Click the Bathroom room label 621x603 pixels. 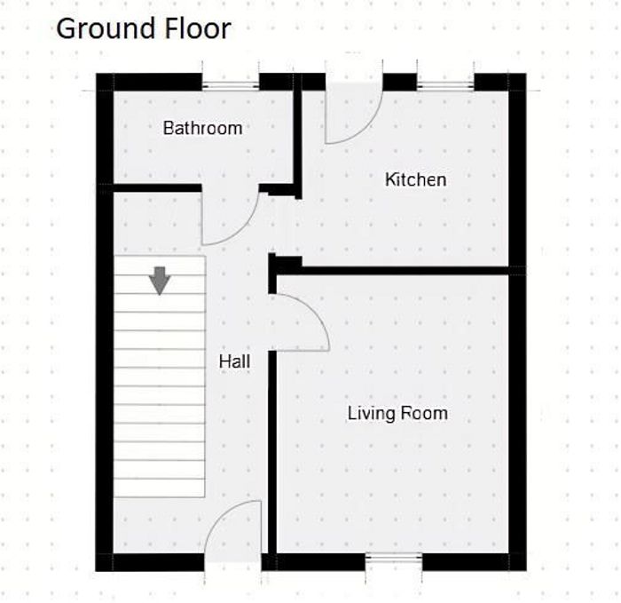pos(203,128)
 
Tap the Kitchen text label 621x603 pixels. pos(416,179)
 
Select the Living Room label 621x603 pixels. pos(397,413)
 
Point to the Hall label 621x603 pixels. pos(234,361)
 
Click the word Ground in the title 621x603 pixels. pos(106,28)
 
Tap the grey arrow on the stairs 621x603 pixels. pos(160,281)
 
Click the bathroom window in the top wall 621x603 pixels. pos(231,85)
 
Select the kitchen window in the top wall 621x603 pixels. pos(445,85)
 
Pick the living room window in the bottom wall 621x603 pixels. pos(394,559)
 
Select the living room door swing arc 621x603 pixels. pos(314,312)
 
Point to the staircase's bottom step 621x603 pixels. pos(160,488)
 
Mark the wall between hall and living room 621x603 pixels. pos(272,452)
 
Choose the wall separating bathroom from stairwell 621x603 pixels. pos(158,188)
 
